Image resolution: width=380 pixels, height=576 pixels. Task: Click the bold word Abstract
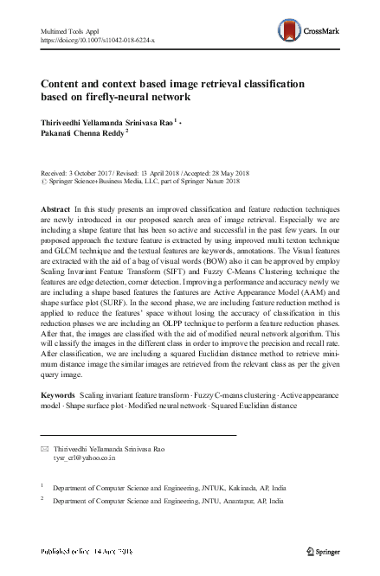coord(56,211)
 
